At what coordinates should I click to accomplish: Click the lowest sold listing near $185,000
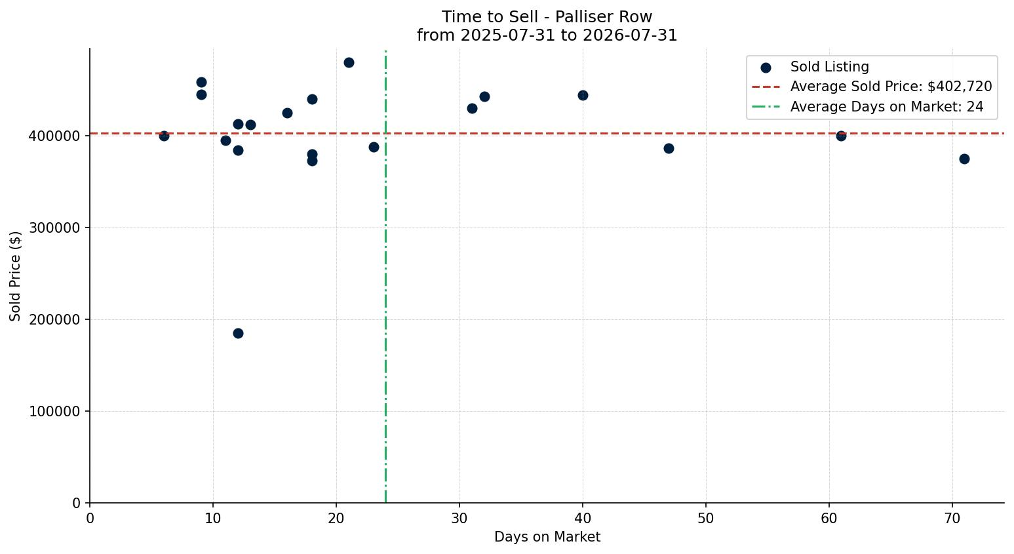click(238, 334)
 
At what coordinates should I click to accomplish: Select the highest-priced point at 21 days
click(349, 63)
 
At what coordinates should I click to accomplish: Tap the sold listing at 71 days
click(964, 159)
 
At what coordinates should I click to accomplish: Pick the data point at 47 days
click(669, 148)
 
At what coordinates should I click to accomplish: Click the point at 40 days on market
click(583, 96)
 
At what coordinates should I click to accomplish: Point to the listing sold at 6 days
click(164, 136)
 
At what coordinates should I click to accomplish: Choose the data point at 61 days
click(841, 136)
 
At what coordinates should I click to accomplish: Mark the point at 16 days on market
click(287, 113)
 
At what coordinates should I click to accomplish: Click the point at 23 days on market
click(374, 147)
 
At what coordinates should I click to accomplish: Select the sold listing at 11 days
click(225, 141)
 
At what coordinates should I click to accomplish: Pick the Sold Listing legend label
click(829, 67)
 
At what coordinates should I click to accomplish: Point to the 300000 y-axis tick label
click(54, 228)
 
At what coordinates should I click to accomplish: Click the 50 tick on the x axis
click(706, 518)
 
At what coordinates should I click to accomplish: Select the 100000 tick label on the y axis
click(54, 412)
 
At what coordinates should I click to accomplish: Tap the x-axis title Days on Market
click(547, 537)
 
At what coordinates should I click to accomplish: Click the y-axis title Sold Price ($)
click(15, 276)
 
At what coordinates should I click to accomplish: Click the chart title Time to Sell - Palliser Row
click(547, 17)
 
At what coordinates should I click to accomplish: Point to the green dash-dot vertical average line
click(385, 276)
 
